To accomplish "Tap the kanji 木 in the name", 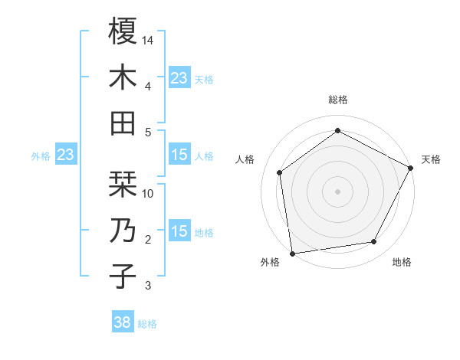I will coord(123,77).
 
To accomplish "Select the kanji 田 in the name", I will coord(123,123).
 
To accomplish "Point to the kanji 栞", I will coord(123,184).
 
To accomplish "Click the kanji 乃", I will coord(123,231).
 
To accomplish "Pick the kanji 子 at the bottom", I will coord(123,277).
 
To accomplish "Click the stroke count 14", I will coord(148,40).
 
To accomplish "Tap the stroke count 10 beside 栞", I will coord(148,193).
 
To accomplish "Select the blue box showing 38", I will coord(123,322).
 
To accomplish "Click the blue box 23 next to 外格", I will coord(65,155).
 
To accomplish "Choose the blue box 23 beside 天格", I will coord(179,77).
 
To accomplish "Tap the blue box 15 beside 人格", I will coord(179,155).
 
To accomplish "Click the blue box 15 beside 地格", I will coord(179,231).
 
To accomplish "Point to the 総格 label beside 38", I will coord(147,324).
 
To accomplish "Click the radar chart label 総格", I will coord(337,100).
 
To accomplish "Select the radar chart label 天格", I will coord(432,159).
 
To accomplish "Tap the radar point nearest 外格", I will coord(292,252).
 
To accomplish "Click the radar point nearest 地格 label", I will coord(374,242).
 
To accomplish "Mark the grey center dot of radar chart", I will coord(337,191).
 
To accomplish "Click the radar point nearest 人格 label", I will coord(280,172).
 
